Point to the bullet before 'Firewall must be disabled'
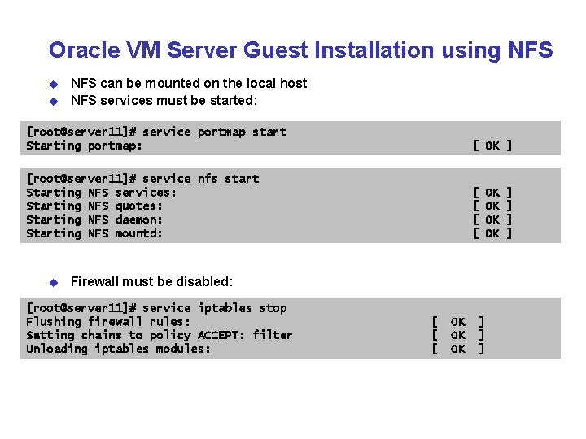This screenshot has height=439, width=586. coord(54,283)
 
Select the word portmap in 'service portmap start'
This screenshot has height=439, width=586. coord(221,132)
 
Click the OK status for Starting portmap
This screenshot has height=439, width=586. coord(492,146)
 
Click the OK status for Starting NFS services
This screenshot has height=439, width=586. coord(492,193)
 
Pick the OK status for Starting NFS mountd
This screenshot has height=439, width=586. coord(492,233)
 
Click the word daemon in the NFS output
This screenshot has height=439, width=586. coord(139,219)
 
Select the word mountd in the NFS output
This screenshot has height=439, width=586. coord(139,233)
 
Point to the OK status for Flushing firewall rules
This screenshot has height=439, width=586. coord(458,322)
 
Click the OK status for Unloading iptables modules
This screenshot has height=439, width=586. coord(458,349)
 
